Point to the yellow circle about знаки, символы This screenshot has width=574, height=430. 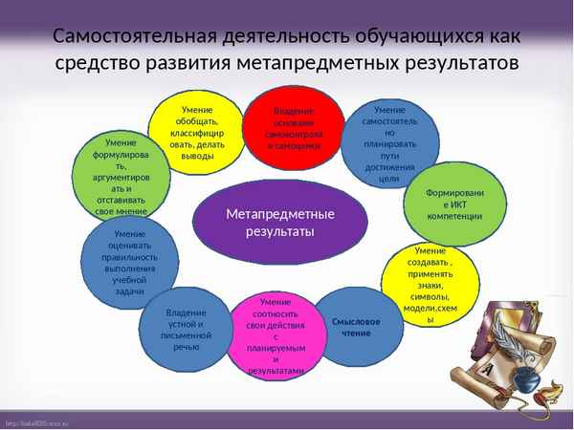pos(430,284)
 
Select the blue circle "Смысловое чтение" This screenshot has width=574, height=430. pos(356,327)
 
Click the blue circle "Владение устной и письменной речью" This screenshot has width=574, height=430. pos(187,329)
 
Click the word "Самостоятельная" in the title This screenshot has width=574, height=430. pos(130,36)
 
